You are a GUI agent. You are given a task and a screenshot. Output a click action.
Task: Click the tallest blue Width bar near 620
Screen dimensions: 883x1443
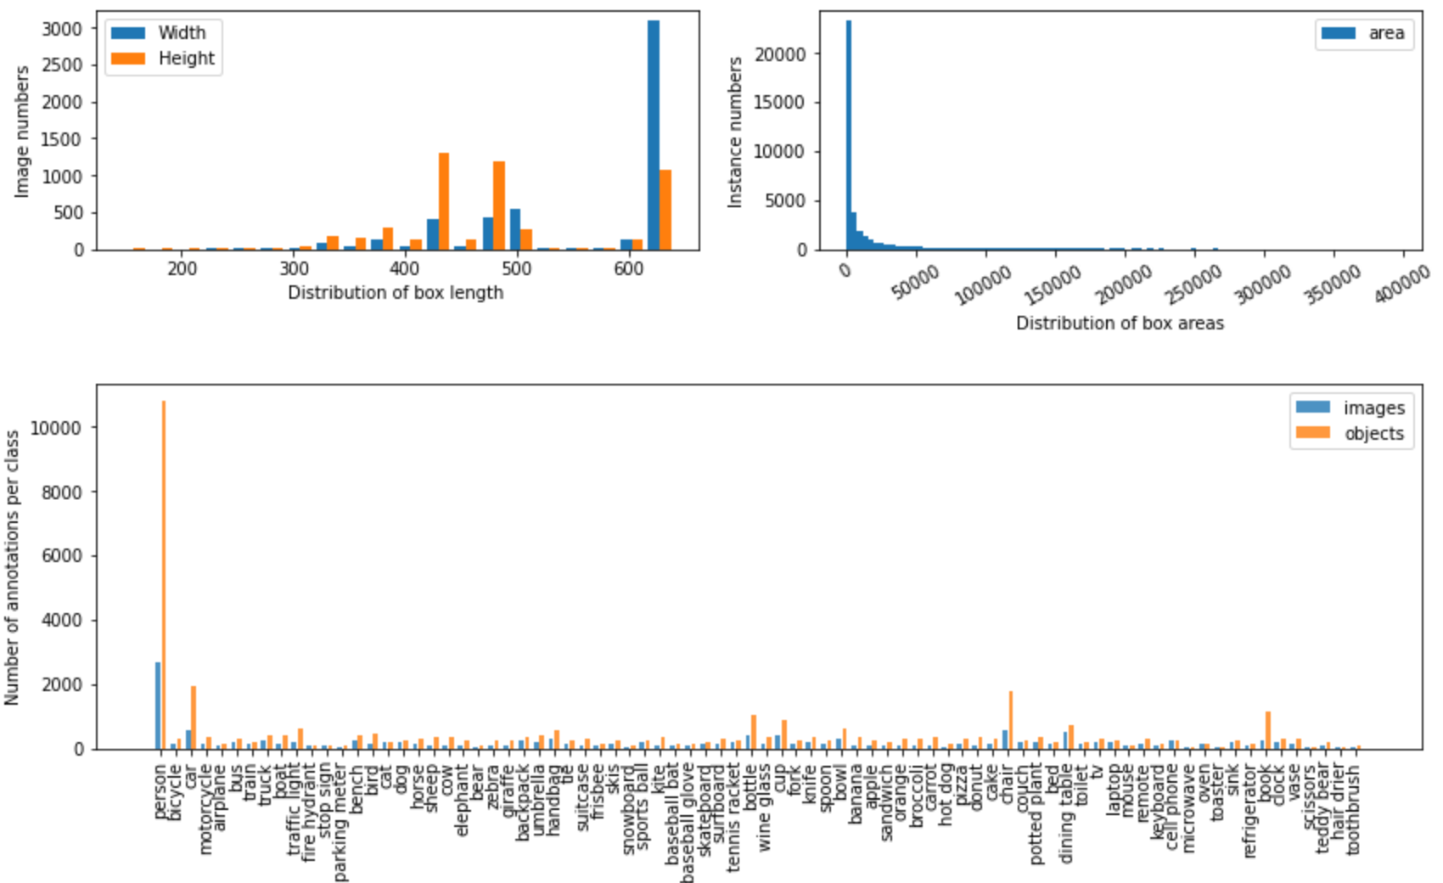click(x=653, y=136)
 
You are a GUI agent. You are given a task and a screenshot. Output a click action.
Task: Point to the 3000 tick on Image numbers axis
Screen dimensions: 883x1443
click(x=62, y=29)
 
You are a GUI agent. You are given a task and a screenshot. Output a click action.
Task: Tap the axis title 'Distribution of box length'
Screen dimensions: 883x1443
click(x=396, y=293)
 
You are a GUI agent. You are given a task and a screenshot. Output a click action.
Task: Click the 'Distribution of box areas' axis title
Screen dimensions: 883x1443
click(x=1120, y=323)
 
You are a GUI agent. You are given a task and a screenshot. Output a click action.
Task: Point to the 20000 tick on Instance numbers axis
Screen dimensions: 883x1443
click(x=780, y=54)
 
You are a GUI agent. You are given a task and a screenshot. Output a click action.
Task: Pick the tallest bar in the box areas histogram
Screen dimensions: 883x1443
click(x=848, y=136)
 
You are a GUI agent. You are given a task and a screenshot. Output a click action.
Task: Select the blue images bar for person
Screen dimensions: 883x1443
click(x=158, y=706)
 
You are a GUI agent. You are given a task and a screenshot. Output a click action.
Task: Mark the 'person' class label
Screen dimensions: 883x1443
click(x=160, y=792)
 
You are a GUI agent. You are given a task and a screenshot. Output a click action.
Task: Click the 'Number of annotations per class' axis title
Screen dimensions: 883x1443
click(x=12, y=567)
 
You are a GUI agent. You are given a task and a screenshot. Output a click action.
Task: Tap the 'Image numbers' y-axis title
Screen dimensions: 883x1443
click(x=22, y=132)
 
